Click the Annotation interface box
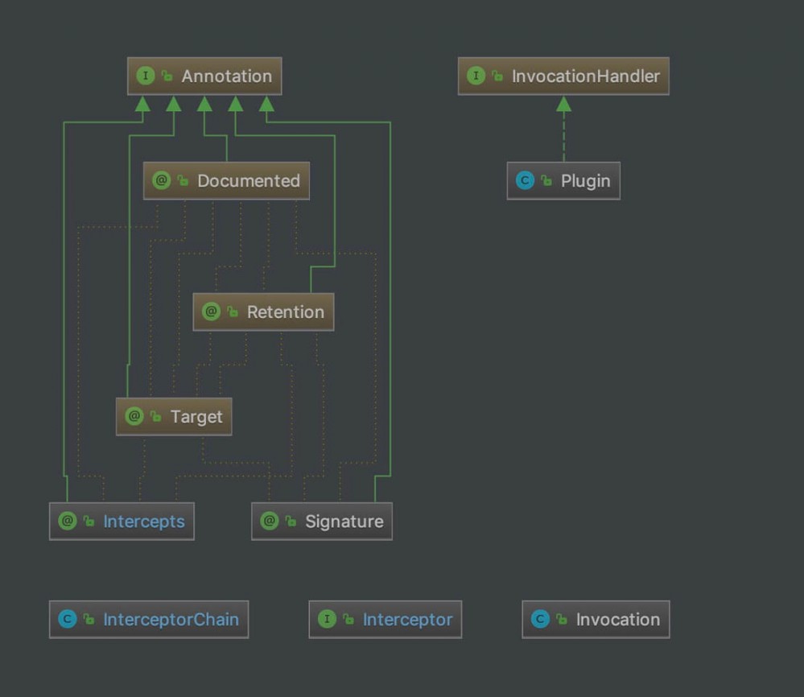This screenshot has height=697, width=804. click(x=204, y=76)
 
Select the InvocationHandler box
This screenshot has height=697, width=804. click(x=563, y=76)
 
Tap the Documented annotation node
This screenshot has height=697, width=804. click(x=226, y=180)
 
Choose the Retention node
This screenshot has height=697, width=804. click(x=263, y=311)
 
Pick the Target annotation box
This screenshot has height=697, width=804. click(x=174, y=416)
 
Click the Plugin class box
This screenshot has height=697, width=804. click(x=563, y=180)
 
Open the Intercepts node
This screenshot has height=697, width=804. click(x=122, y=521)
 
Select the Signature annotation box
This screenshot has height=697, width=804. click(x=322, y=521)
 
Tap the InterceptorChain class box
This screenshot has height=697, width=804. click(x=149, y=619)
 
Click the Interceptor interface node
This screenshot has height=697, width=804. click(x=385, y=619)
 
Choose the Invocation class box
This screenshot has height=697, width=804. click(x=596, y=619)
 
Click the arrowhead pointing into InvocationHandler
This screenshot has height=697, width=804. click(x=563, y=104)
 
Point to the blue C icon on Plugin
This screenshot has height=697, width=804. click(x=525, y=180)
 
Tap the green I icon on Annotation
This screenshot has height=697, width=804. click(x=146, y=76)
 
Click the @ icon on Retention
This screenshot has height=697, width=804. click(x=211, y=311)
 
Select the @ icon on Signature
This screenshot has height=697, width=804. click(x=269, y=521)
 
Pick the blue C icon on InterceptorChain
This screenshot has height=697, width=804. click(x=67, y=619)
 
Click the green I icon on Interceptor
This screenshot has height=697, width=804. click(x=327, y=619)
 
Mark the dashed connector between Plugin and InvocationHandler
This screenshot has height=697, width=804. click(x=563, y=137)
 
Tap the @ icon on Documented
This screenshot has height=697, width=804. click(x=162, y=180)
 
